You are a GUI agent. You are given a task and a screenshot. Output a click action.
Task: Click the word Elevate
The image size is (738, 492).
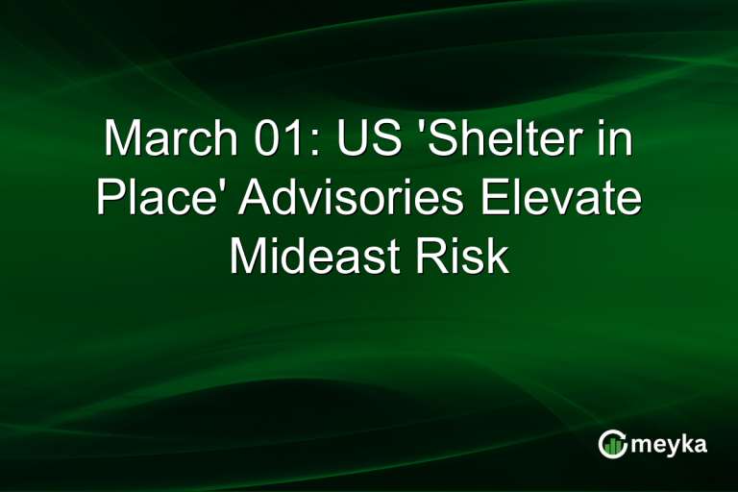click(x=568, y=200)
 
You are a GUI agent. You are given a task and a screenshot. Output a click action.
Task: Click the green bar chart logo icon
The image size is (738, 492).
click(x=611, y=443)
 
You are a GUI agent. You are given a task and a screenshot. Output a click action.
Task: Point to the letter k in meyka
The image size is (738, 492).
click(x=688, y=442)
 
